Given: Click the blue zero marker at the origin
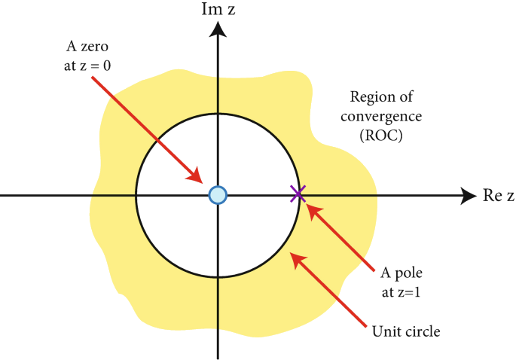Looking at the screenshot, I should (x=217, y=195).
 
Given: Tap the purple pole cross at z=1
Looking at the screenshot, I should (x=298, y=194).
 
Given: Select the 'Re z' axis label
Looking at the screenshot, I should (x=498, y=196).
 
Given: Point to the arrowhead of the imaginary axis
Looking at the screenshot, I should (x=218, y=29).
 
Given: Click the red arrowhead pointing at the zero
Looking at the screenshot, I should (x=197, y=178).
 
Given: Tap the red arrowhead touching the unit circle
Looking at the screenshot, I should (x=298, y=260).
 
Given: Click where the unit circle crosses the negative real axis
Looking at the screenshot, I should (x=136, y=195).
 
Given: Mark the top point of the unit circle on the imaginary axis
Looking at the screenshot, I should (x=218, y=114).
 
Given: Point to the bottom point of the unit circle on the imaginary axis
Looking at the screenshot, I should (x=218, y=277).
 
